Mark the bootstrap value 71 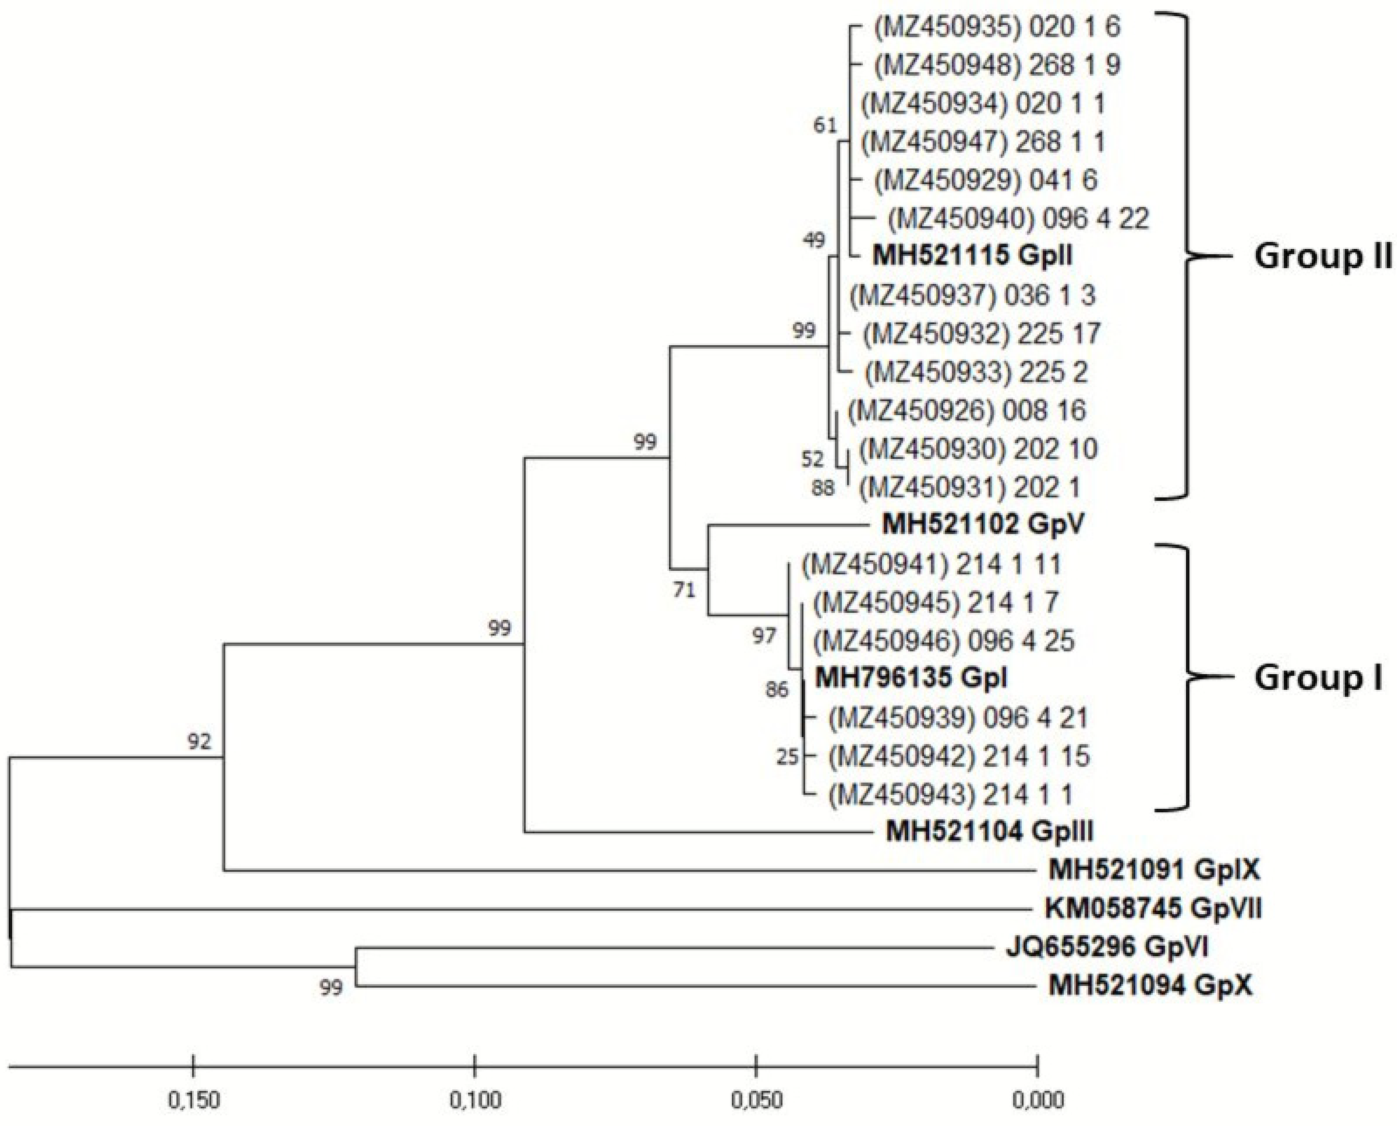[x=685, y=590]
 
